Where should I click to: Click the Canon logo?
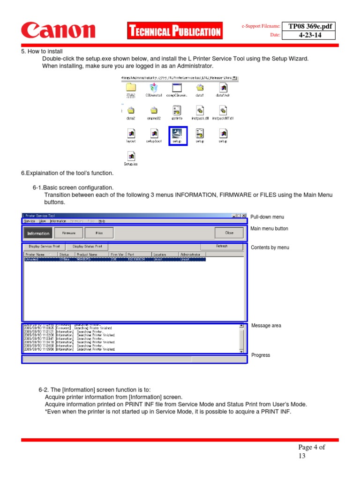point(58,31)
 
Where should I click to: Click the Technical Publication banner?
point(174,31)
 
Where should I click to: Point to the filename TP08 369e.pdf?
point(310,26)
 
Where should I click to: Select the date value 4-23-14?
point(310,35)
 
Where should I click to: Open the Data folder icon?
point(131,88)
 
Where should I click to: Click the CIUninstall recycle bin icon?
point(154,88)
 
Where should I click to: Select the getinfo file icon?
point(177,111)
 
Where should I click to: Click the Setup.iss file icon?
point(131,157)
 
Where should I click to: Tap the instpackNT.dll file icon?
point(223,111)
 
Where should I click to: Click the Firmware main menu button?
point(68,232)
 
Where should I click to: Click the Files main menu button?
point(99,232)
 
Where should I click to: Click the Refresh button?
point(222,246)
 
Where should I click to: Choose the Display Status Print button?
point(87,246)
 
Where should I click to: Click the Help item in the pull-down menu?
point(102,221)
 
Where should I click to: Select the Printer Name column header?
point(35,255)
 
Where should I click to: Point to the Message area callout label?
point(266,325)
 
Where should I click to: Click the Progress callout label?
point(261,355)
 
